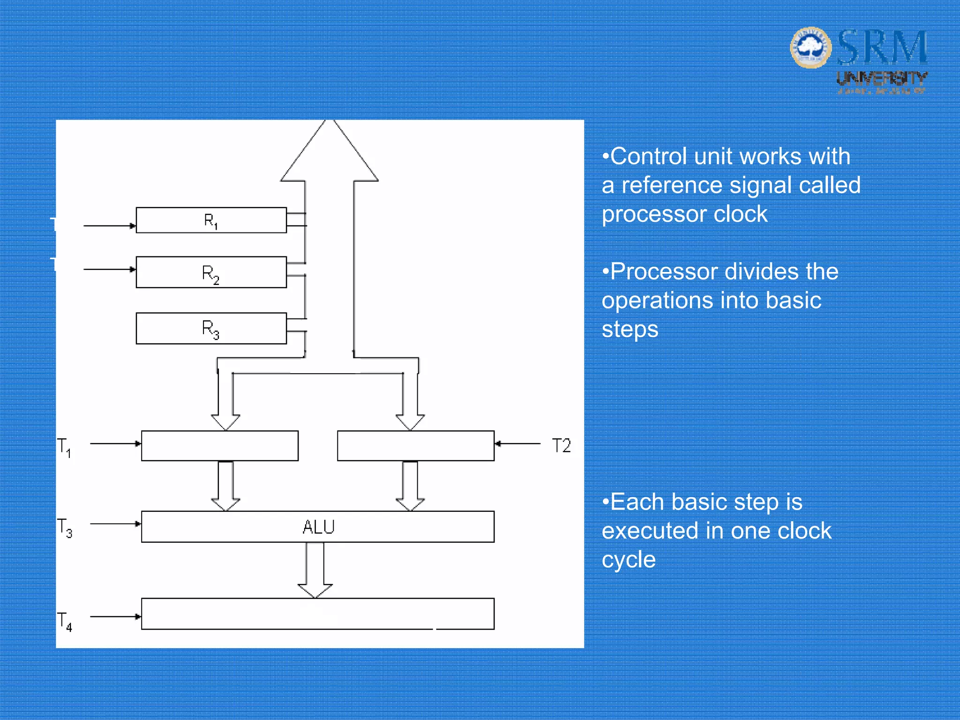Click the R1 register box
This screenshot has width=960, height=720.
211,220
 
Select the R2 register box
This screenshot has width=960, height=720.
211,272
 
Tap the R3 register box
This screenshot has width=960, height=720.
211,329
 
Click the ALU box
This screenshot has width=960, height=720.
318,527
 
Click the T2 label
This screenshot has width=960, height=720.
561,445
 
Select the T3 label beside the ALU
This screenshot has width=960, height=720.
65,527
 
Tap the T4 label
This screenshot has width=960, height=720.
65,621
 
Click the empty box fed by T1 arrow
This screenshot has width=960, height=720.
219,446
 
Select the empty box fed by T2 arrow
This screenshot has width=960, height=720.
415,446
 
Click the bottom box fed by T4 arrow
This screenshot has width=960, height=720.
318,614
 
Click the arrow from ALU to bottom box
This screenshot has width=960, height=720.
315,570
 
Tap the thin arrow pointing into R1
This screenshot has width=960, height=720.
110,226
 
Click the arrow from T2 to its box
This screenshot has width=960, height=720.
517,443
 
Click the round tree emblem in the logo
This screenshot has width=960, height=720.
810,47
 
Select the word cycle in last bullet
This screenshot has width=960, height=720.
628,560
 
